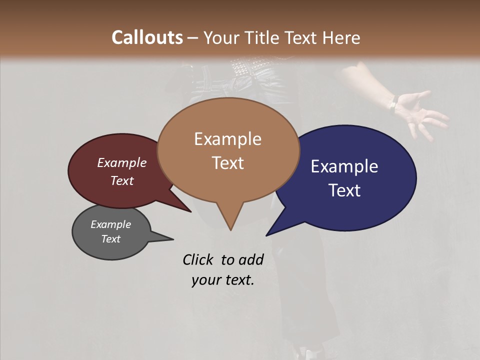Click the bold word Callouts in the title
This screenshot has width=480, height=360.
[147, 37]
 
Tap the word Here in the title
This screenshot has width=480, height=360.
[340, 37]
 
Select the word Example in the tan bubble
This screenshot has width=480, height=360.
[227, 139]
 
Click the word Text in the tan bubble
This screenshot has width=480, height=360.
[227, 163]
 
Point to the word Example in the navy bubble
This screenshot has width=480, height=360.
[344, 166]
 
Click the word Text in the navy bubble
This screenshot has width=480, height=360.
[344, 190]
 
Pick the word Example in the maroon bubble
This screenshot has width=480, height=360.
[121, 163]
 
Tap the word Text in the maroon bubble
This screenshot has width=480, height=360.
[121, 180]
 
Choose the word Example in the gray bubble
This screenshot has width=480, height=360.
[110, 224]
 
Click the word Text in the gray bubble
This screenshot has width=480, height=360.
[110, 239]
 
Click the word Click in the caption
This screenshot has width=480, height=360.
[199, 259]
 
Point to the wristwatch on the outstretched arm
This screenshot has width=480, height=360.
[393, 104]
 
